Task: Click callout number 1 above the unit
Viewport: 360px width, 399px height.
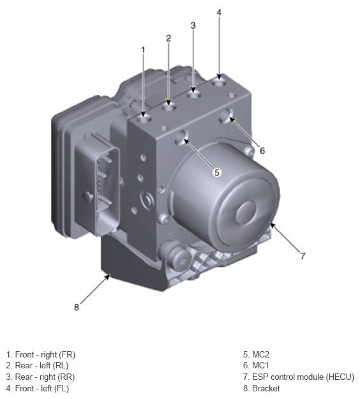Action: tap(143, 50)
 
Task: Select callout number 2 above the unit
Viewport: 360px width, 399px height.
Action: tap(169, 38)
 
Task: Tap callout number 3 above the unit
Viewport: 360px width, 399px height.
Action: tap(193, 25)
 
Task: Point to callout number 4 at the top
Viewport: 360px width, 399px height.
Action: tap(219, 13)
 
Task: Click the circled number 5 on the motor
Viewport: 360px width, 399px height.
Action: tap(216, 172)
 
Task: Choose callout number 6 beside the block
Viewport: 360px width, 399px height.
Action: tap(262, 151)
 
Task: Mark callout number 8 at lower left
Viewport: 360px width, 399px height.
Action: tap(76, 306)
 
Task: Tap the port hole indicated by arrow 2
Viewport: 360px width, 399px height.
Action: tap(169, 104)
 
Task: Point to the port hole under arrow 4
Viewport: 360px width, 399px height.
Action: tap(219, 82)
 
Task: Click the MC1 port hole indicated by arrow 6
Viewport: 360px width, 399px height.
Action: tap(226, 116)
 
